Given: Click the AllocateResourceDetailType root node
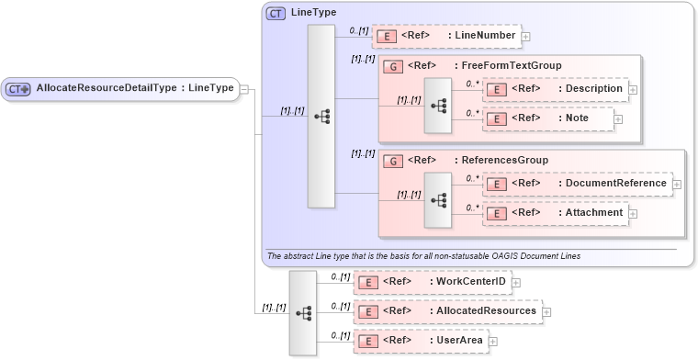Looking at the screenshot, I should click(120, 88).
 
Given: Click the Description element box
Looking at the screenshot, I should click(553, 89).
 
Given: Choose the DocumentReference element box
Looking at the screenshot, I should click(577, 184).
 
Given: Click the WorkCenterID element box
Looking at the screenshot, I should click(432, 281).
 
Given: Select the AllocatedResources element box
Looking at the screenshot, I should click(447, 310).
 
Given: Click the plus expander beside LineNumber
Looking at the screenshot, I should click(526, 37).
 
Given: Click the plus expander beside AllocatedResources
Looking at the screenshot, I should click(547, 311).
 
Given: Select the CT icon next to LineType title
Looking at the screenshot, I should click(276, 14).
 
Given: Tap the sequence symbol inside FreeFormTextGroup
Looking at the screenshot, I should click(438, 106).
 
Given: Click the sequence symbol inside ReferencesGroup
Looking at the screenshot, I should click(438, 199).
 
